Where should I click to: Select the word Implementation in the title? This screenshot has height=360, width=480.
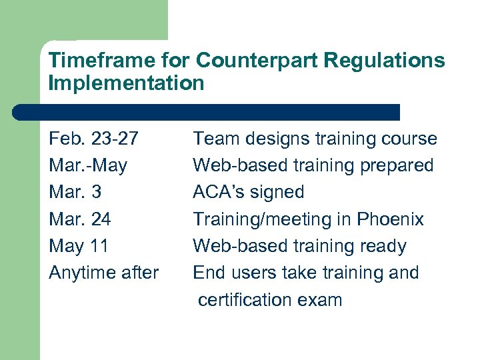[126, 83]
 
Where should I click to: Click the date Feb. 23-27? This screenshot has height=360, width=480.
[94, 139]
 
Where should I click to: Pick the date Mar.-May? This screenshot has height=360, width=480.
[88, 165]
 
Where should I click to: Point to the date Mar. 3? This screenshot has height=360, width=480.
[75, 192]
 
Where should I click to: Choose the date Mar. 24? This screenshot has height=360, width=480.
[80, 219]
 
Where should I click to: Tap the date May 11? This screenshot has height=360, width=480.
[79, 246]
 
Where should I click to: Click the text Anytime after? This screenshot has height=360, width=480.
[104, 273]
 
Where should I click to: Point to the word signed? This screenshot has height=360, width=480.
[276, 193]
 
